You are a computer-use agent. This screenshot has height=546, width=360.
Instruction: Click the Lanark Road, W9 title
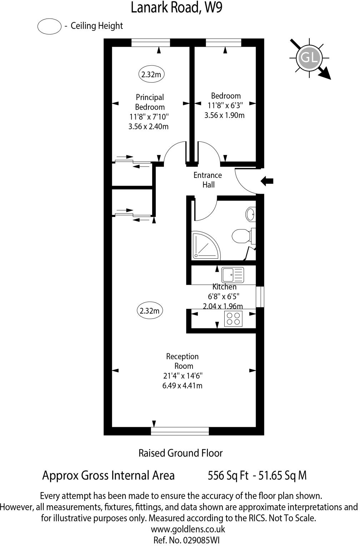click(x=176, y=8)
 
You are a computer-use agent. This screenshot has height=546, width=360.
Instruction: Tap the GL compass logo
click(x=309, y=58)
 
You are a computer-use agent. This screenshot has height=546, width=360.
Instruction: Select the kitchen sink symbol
click(x=232, y=275)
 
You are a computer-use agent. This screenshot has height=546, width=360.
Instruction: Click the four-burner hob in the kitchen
click(x=233, y=318)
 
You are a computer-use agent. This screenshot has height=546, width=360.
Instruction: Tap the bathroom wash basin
click(x=250, y=214)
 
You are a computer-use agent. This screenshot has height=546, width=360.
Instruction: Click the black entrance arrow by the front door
click(x=267, y=181)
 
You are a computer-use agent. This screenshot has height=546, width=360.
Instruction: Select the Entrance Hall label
click(x=207, y=180)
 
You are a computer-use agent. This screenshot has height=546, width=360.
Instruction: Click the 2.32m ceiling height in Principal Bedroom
click(x=151, y=75)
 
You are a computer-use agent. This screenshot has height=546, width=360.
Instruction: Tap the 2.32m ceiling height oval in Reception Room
click(x=150, y=311)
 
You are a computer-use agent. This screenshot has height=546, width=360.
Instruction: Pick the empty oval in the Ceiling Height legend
click(x=49, y=26)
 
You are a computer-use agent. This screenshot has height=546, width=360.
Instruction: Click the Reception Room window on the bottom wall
click(x=180, y=431)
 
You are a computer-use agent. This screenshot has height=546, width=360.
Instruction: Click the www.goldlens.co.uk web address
click(x=188, y=529)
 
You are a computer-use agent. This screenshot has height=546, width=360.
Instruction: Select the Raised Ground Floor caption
click(x=180, y=453)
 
